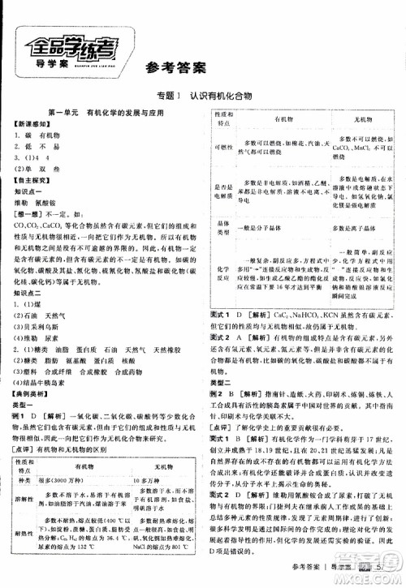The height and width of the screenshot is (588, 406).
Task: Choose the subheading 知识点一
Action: (31, 187)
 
